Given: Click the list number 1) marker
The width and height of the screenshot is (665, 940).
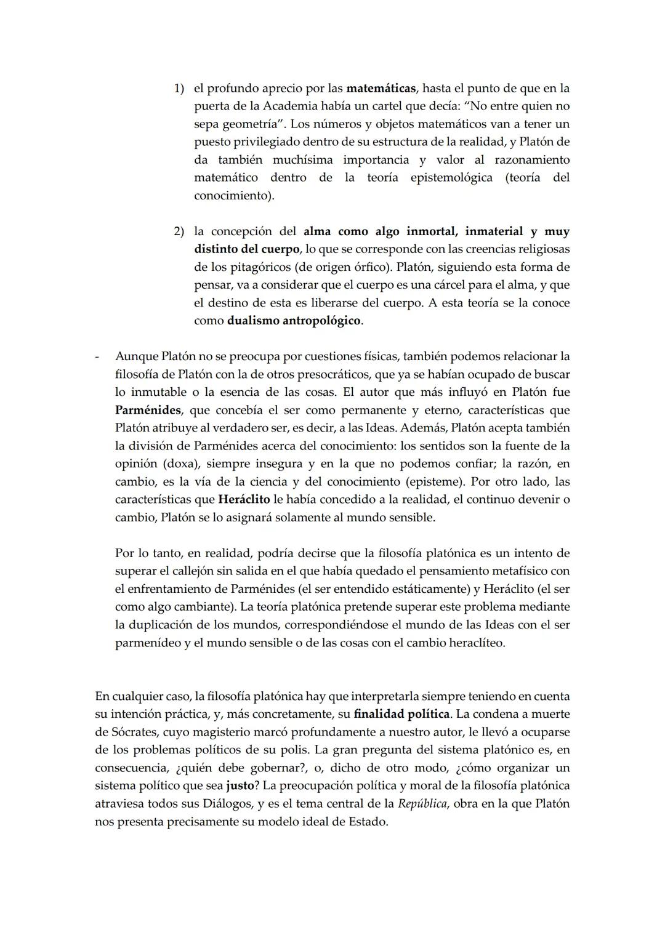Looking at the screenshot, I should [179, 88].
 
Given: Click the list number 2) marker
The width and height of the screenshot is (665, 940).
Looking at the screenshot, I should [179, 231].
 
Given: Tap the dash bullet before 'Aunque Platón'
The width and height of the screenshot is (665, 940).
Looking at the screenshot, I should [97, 356].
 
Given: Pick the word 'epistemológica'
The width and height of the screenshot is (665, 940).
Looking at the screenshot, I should [451, 177].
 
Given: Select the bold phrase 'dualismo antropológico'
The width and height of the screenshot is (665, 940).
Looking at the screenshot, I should [294, 321].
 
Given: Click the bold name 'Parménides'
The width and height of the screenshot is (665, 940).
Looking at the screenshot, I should [148, 410].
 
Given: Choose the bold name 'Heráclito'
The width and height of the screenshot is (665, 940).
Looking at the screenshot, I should [244, 499].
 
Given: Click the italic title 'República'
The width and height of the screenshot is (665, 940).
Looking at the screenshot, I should [422, 803].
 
